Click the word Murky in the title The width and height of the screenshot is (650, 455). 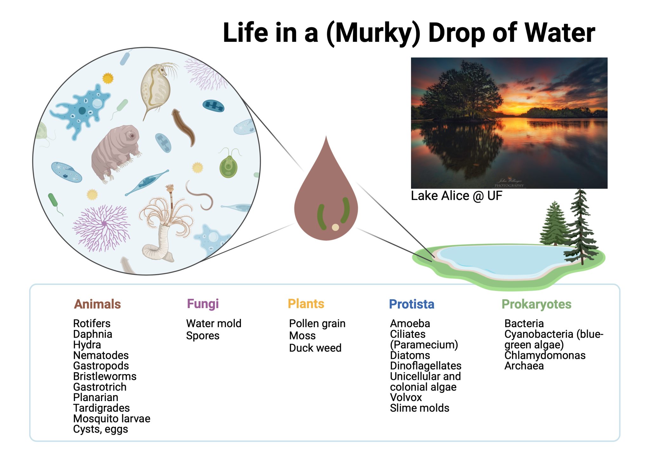pos(373,33)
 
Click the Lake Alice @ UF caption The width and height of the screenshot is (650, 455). pos(456,196)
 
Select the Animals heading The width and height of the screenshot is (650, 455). pos(97,304)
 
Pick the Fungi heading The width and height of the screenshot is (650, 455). pos(202,304)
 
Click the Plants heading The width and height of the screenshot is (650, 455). pos(306,304)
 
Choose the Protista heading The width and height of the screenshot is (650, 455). pos(411,304)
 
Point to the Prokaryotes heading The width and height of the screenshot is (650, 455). pos(536,304)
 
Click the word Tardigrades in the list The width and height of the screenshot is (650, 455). pos(101,408)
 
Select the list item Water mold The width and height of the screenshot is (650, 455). pos(214,323)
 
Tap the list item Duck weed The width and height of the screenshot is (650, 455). pos(315,348)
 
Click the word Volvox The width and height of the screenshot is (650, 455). pos(406,397)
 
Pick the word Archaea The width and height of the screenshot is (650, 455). pos(524,366)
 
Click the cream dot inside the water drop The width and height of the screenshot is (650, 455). pos(335,227)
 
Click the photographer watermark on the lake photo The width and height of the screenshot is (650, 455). pos(509,183)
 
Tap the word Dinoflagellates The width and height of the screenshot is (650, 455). pos(425,366)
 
